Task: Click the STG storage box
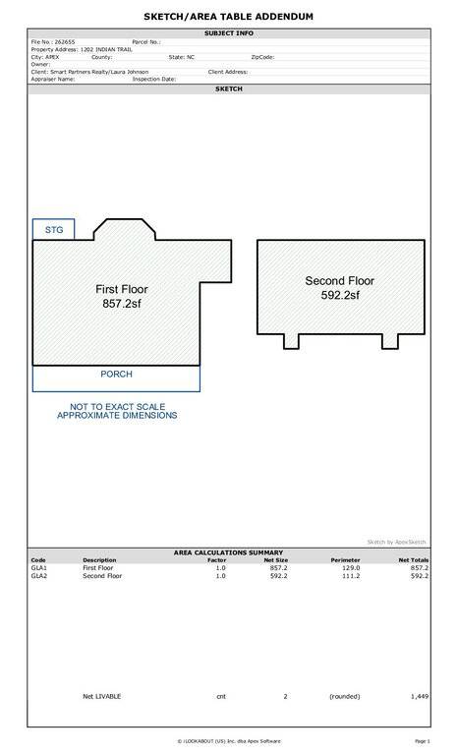[x=53, y=229]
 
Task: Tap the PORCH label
[x=116, y=375]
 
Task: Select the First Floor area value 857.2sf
[x=122, y=304]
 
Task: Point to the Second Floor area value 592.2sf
[x=340, y=295]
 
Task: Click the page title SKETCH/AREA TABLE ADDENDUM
[x=228, y=17]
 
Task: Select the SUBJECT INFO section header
[x=229, y=33]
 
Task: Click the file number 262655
[x=65, y=42]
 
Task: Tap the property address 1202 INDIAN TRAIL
[x=106, y=49]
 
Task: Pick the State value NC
[x=191, y=57]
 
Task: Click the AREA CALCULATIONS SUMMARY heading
[x=228, y=552]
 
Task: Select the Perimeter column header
[x=345, y=560]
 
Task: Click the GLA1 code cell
[x=39, y=567]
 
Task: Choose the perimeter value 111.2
[x=351, y=575]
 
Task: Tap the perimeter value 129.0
[x=351, y=567]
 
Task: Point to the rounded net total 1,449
[x=420, y=696]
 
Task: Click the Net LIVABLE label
[x=101, y=696]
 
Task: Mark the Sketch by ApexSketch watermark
[x=396, y=542]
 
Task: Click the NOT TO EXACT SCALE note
[x=117, y=407]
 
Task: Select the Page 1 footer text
[x=423, y=741]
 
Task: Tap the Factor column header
[x=217, y=560]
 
